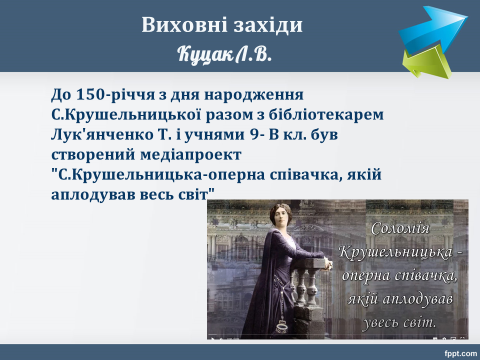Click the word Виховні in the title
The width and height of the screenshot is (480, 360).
point(185,24)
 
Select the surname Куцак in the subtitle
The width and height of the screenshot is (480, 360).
point(205,54)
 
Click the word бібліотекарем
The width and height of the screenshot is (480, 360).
point(326,114)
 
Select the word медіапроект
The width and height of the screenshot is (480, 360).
point(190,155)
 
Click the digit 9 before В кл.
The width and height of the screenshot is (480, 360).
point(254,134)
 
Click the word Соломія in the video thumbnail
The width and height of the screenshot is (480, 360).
point(400,228)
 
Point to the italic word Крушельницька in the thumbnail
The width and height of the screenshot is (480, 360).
point(395,252)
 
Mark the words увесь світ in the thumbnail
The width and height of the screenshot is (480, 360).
point(399,322)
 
